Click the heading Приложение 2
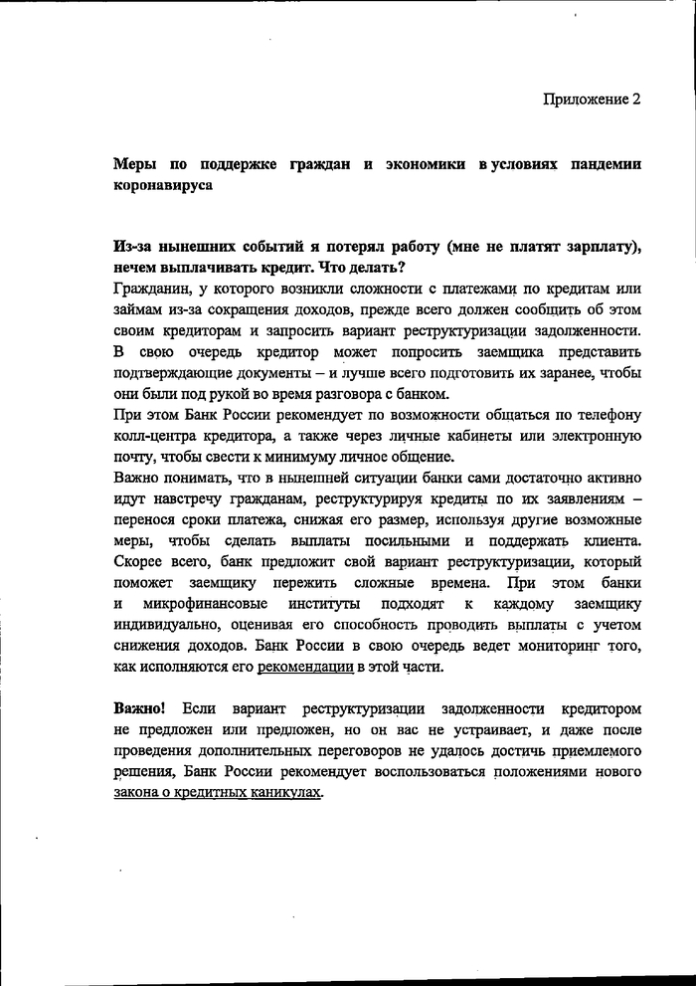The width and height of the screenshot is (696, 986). pos(592,99)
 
